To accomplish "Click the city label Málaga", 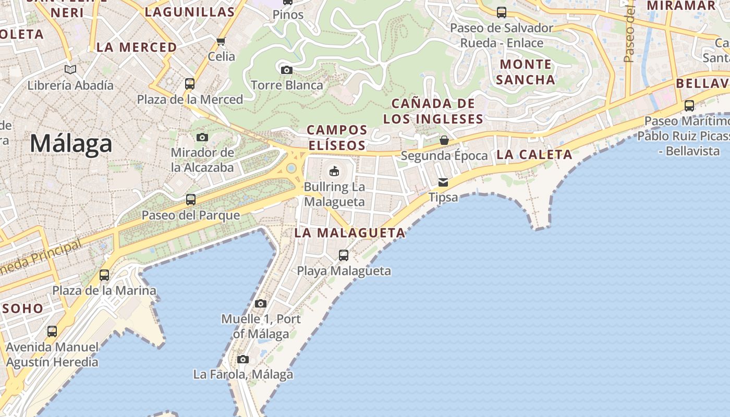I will pyautogui.click(x=71, y=143).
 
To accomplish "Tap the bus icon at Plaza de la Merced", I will pyautogui.click(x=190, y=84).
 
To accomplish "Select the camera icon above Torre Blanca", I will pyautogui.click(x=286, y=70).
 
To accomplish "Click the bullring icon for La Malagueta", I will pyautogui.click(x=334, y=171).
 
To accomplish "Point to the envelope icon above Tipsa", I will pyautogui.click(x=443, y=182).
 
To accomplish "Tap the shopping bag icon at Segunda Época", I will pyautogui.click(x=444, y=140).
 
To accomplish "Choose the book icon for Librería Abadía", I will pyautogui.click(x=70, y=69).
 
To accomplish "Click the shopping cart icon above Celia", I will pyautogui.click(x=221, y=41).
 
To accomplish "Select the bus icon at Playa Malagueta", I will pyautogui.click(x=344, y=255).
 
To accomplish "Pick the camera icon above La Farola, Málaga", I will pyautogui.click(x=243, y=359).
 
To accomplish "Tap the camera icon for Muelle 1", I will pyautogui.click(x=261, y=303).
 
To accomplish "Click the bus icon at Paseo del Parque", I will pyautogui.click(x=191, y=200).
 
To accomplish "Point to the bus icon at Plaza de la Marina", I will pyautogui.click(x=104, y=275).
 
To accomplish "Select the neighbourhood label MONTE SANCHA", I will pyautogui.click(x=525, y=72).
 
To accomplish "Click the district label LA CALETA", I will pyautogui.click(x=534, y=154).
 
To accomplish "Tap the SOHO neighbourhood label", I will pyautogui.click(x=23, y=308).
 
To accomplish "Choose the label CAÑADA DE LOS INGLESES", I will pyautogui.click(x=433, y=111).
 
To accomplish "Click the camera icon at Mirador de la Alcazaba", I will pyautogui.click(x=202, y=138).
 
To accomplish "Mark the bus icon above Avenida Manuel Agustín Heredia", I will pyautogui.click(x=52, y=332).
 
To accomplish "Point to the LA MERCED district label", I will pyautogui.click(x=137, y=47).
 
